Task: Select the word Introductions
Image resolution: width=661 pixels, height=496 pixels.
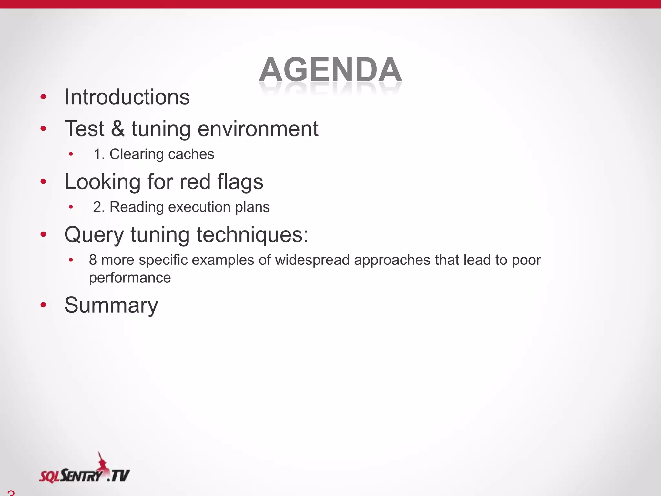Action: click(x=127, y=97)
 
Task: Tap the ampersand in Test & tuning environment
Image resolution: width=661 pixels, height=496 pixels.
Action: click(x=118, y=129)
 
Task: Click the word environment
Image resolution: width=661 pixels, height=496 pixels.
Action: click(x=258, y=129)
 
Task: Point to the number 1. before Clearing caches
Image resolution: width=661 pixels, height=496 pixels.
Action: click(x=99, y=154)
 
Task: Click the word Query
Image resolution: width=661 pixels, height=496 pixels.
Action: click(x=94, y=234)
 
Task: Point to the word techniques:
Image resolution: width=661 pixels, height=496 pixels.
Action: click(x=252, y=234)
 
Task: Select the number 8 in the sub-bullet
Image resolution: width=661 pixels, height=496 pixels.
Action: click(x=93, y=260)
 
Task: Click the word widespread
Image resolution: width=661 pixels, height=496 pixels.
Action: click(x=312, y=260)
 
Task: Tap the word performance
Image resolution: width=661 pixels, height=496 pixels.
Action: click(x=130, y=278)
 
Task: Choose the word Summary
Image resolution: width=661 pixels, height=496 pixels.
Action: click(x=111, y=305)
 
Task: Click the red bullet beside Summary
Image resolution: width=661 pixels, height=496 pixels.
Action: click(x=44, y=305)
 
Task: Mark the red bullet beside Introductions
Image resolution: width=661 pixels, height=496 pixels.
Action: click(x=44, y=97)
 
